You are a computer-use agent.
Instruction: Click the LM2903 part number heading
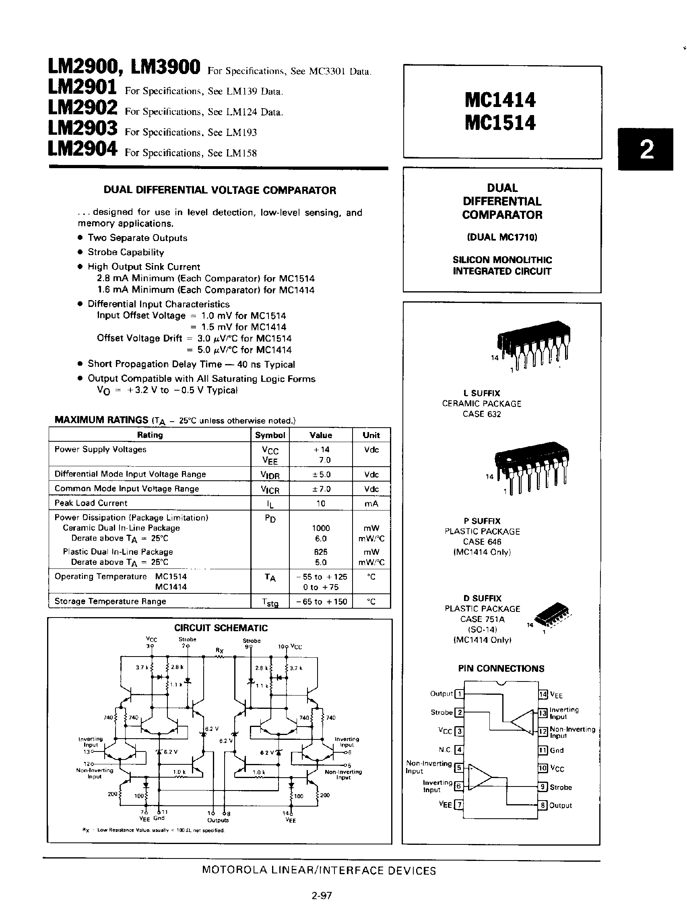[83, 129]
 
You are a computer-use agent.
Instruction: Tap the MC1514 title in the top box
[500, 123]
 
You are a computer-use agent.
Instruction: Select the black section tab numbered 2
[646, 150]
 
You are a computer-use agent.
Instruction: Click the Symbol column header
[270, 435]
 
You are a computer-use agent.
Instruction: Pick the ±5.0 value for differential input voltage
[321, 475]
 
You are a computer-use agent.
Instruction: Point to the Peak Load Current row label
[91, 503]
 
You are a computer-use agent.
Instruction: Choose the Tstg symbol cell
[270, 602]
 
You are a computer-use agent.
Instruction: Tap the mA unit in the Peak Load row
[371, 503]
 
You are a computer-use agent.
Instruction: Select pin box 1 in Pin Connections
[458, 694]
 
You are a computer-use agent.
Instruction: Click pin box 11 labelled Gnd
[543, 750]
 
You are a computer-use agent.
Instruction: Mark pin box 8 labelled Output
[543, 805]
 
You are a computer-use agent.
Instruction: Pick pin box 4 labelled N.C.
[458, 749]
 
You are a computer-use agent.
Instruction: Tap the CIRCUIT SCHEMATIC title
[221, 628]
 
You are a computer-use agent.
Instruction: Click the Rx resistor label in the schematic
[219, 650]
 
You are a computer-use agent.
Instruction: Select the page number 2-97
[322, 896]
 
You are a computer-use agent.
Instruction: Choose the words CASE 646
[482, 542]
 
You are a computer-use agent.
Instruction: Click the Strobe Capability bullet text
[126, 252]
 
